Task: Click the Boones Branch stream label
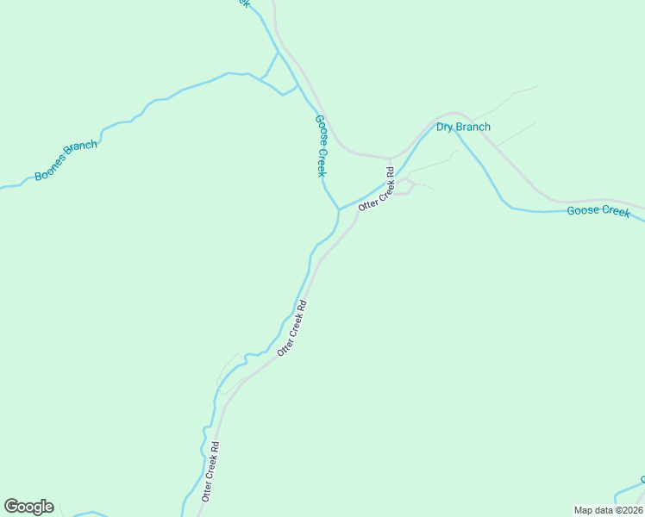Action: pyautogui.click(x=66, y=160)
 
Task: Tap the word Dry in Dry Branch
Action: pyautogui.click(x=444, y=128)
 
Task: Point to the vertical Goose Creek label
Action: pyautogui.click(x=321, y=146)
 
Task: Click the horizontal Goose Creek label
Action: pyautogui.click(x=598, y=211)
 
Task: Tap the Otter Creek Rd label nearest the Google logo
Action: pyautogui.click(x=210, y=472)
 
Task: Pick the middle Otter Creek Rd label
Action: pyautogui.click(x=292, y=328)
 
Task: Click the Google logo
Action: pyautogui.click(x=28, y=506)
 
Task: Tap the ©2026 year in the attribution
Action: pyautogui.click(x=628, y=510)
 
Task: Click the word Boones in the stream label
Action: pyautogui.click(x=51, y=169)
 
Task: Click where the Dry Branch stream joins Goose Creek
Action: pyautogui.click(x=338, y=209)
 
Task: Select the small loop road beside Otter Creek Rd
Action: pyautogui.click(x=404, y=186)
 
